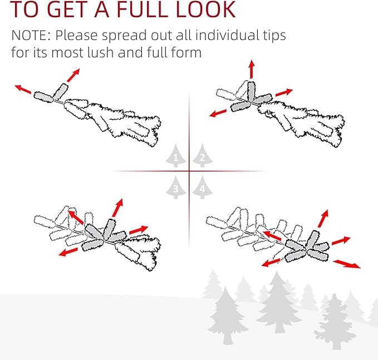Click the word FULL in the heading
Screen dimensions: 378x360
click(x=142, y=9)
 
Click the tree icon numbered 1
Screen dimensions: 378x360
click(x=176, y=156)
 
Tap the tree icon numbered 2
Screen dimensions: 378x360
click(x=203, y=156)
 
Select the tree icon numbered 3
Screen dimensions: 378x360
click(x=176, y=187)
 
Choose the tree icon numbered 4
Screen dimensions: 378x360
click(x=203, y=187)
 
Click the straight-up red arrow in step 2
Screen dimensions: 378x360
click(x=252, y=69)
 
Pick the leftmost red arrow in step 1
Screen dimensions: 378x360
click(x=23, y=89)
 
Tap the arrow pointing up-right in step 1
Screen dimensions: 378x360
click(x=73, y=76)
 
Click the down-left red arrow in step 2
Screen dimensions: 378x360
click(x=218, y=113)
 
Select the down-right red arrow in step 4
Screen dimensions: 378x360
click(x=347, y=264)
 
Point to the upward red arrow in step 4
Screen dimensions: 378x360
click(x=323, y=219)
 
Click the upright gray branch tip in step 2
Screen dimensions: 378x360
click(x=251, y=91)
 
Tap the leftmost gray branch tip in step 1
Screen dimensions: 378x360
click(x=43, y=97)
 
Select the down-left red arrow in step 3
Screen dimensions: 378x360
click(x=68, y=252)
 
